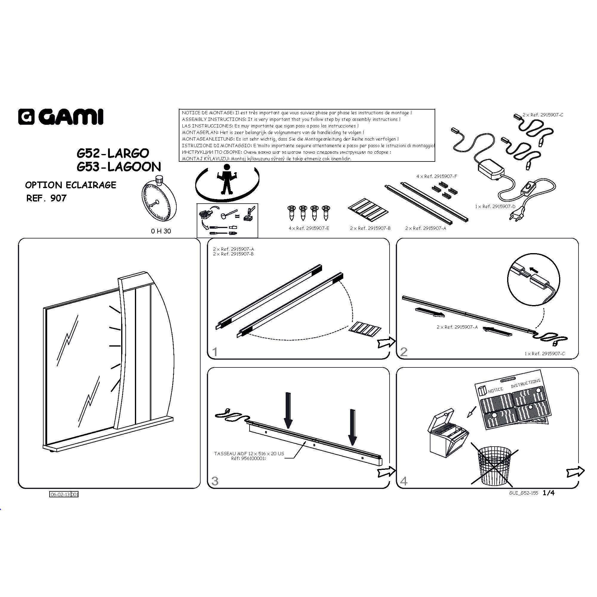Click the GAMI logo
[61, 117]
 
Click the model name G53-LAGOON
[119, 167]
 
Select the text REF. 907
[46, 198]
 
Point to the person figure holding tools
[227, 179]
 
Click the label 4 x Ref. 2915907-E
[309, 228]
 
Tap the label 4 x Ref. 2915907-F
[437, 176]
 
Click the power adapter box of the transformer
[491, 168]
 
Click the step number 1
[215, 352]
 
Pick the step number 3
[215, 481]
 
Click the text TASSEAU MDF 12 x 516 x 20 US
[249, 454]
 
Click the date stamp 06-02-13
[60, 494]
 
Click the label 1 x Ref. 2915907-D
[495, 207]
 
